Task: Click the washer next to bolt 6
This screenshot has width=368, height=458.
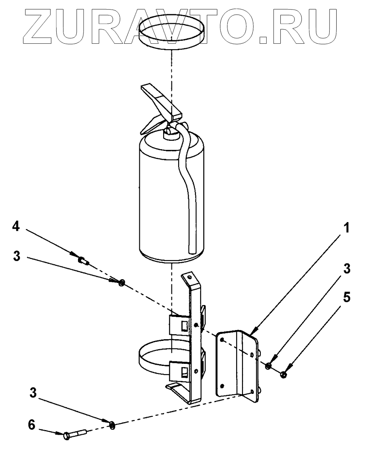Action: [112, 425]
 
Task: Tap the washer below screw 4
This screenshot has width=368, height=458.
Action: [121, 283]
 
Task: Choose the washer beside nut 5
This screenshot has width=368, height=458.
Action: [268, 366]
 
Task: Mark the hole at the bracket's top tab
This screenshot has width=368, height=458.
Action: [188, 277]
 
